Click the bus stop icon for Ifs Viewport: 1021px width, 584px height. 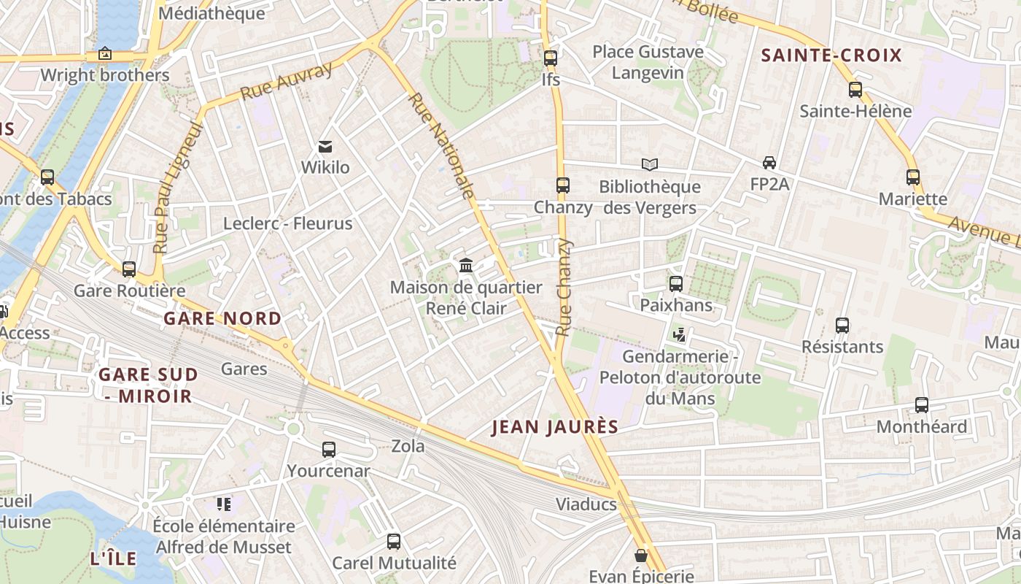[x=551, y=58]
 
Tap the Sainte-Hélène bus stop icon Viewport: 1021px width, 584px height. [x=855, y=90]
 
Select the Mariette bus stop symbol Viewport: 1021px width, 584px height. [x=913, y=177]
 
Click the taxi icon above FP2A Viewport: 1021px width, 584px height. [x=769, y=162]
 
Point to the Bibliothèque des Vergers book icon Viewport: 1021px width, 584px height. [x=649, y=165]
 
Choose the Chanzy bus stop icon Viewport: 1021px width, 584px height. [x=562, y=185]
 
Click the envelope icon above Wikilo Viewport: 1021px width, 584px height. [x=325, y=147]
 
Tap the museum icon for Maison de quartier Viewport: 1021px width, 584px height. [x=466, y=265]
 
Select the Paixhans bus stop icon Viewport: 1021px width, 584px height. [x=676, y=283]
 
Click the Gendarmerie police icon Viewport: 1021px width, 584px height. [x=680, y=335]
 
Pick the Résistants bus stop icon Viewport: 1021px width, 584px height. [x=842, y=325]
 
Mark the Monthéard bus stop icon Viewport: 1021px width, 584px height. [x=922, y=405]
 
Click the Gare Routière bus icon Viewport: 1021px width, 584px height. [x=129, y=269]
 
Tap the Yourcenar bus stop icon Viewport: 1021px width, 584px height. [x=329, y=449]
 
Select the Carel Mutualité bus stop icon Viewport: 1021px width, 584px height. [x=394, y=541]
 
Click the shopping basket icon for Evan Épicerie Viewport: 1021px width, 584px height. [x=641, y=556]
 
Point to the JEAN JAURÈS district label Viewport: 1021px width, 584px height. [x=554, y=427]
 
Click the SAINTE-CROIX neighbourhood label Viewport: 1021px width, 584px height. [x=831, y=55]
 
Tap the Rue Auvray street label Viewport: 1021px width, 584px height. [x=286, y=80]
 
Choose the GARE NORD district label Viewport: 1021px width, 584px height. [x=222, y=318]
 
